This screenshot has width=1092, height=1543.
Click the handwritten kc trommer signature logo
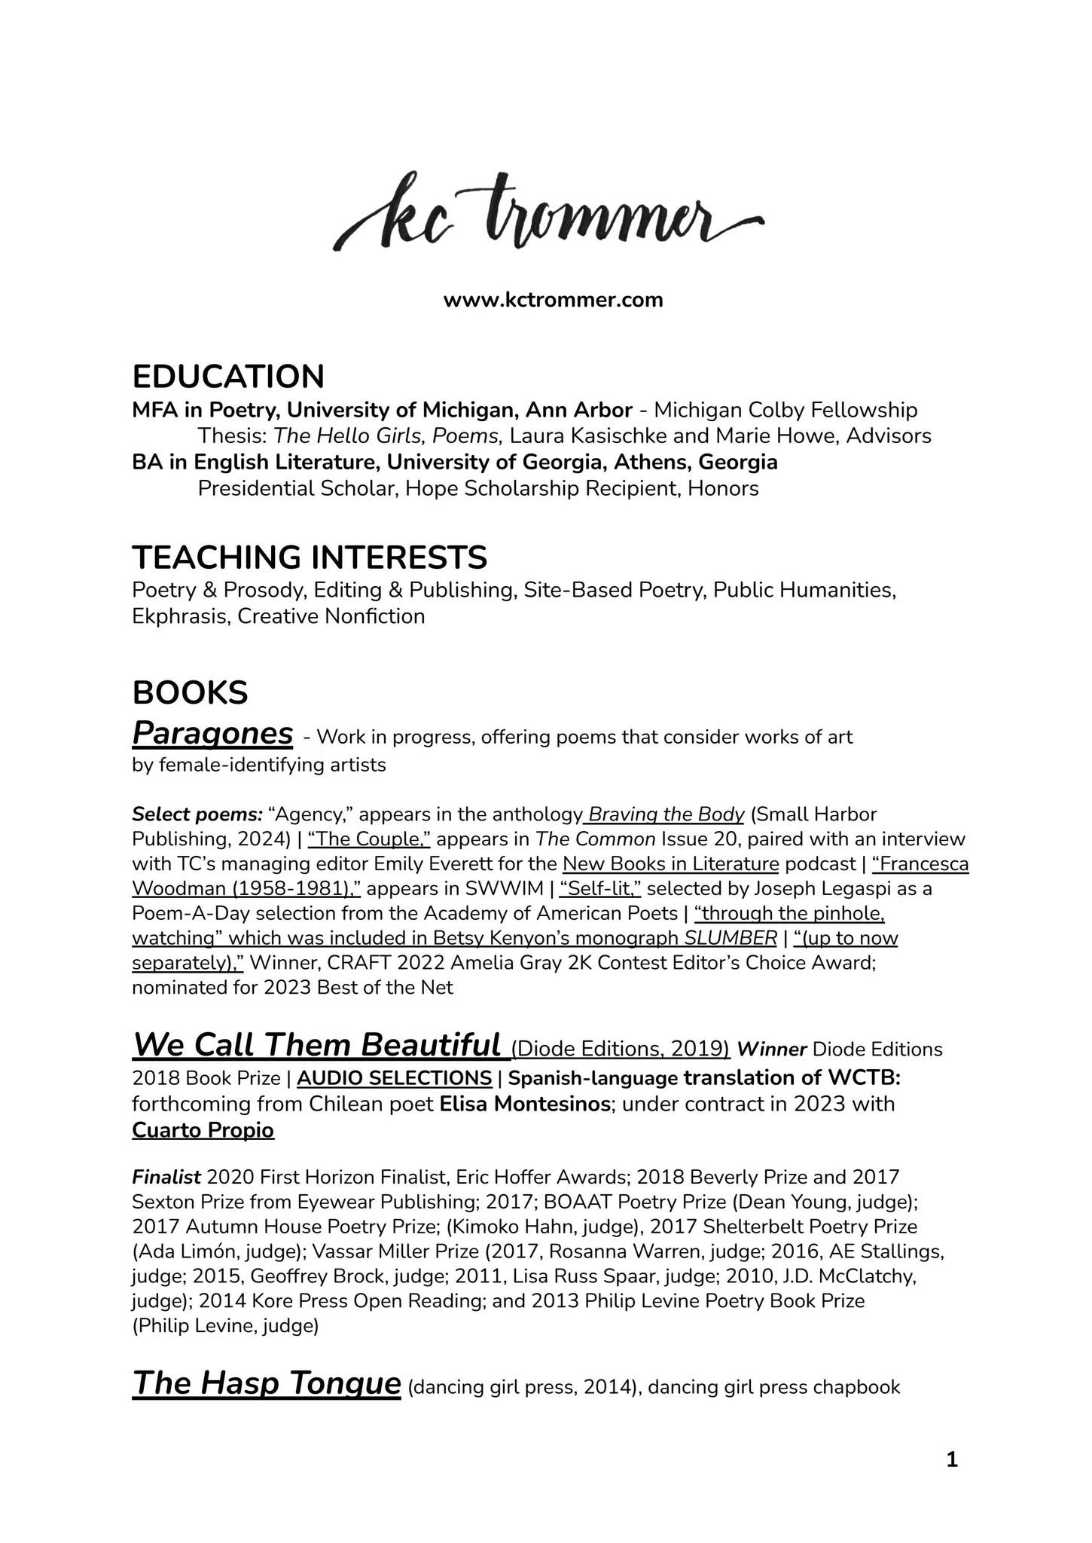tap(548, 212)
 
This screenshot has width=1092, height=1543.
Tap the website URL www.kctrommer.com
tap(553, 300)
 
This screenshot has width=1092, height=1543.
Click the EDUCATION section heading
tap(228, 376)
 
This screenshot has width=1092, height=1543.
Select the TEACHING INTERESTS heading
tap(310, 557)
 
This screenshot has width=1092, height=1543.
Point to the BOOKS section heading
tap(190, 692)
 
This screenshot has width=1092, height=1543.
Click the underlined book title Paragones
tap(212, 732)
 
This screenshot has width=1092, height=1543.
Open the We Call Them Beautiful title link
tap(316, 1045)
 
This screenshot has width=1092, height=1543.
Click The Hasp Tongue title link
tap(266, 1383)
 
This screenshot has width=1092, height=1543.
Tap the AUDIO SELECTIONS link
tap(395, 1077)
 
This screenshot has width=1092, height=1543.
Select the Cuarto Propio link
tap(203, 1130)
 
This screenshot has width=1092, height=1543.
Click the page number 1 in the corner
tap(951, 1460)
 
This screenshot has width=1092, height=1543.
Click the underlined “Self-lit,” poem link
tap(599, 888)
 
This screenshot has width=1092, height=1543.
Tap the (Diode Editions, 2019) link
tap(621, 1049)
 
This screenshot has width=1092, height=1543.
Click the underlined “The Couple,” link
tap(368, 839)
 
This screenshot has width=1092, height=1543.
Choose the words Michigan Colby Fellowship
tap(785, 410)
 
